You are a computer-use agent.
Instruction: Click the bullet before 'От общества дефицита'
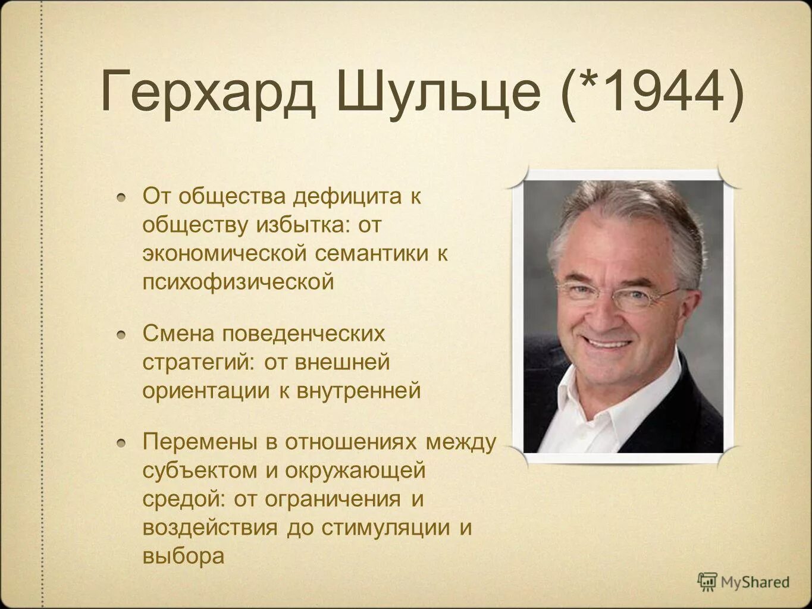[121, 197]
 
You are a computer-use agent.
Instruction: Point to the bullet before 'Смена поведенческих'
[121, 334]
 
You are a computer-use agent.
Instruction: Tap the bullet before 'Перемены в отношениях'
[121, 442]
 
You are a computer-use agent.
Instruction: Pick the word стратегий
[197, 362]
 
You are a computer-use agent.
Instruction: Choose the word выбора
[183, 557]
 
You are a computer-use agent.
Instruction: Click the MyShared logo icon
[707, 581]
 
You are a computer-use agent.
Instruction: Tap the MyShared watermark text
[755, 582]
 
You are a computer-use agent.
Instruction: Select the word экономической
[225, 253]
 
